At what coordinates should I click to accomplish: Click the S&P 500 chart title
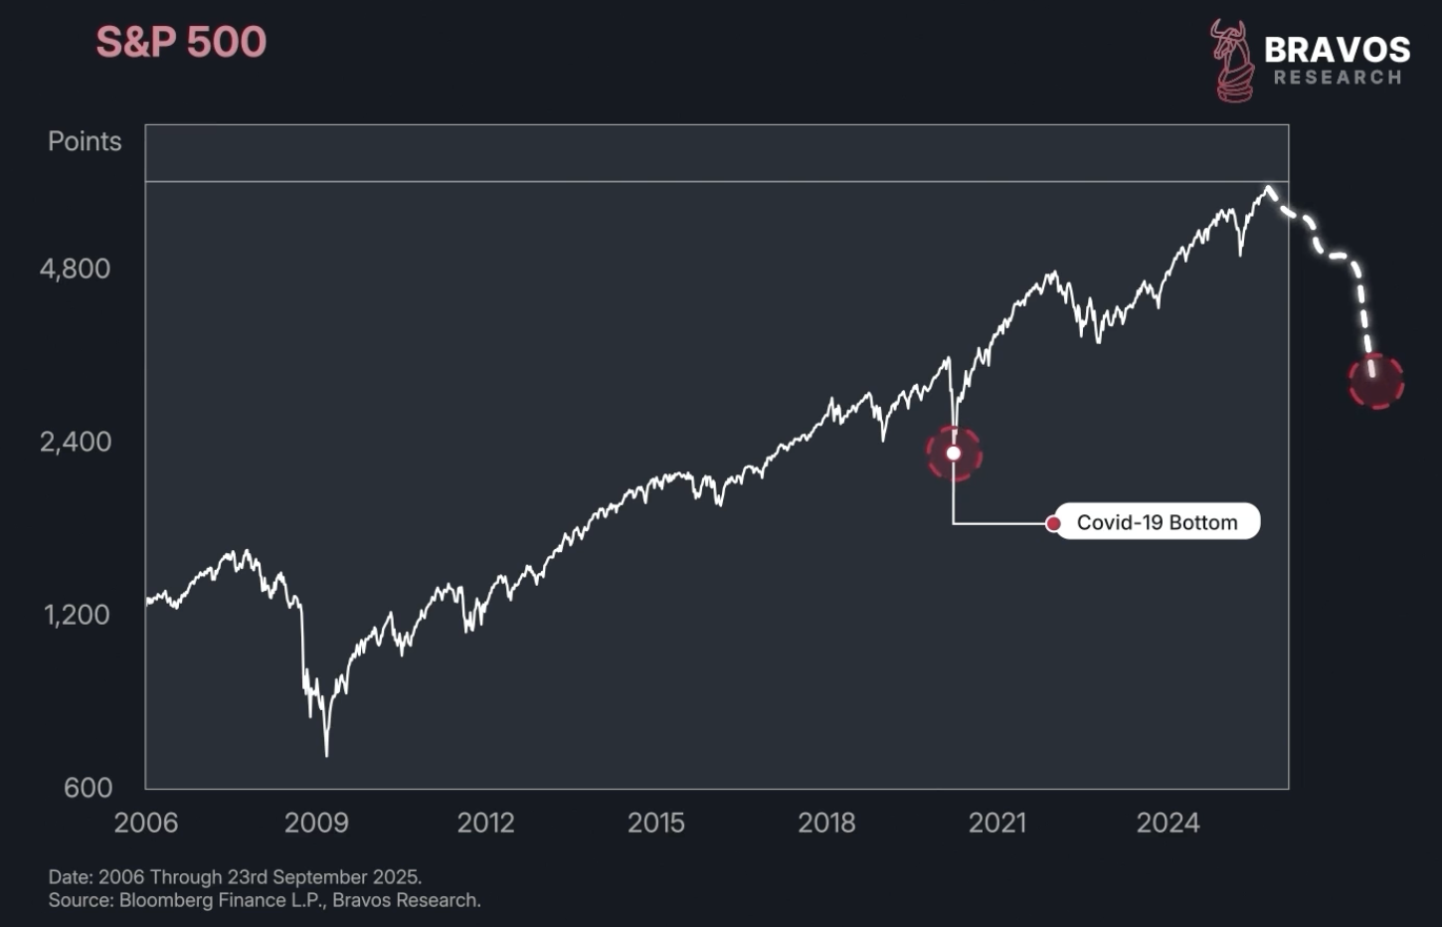(x=181, y=43)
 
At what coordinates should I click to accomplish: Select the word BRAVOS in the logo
(x=1337, y=50)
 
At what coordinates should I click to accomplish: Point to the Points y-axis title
(x=85, y=141)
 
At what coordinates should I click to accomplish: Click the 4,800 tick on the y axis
(x=76, y=269)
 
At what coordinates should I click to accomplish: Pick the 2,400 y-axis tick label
(x=76, y=442)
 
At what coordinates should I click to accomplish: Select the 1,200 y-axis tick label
(x=77, y=615)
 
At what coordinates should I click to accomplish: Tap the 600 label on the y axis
(x=88, y=788)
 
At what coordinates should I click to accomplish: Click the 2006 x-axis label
(x=146, y=823)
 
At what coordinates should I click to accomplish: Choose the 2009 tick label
(x=316, y=823)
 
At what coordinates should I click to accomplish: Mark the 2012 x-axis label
(x=486, y=823)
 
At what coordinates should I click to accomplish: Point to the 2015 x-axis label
(x=656, y=823)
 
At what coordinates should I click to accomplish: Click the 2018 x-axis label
(x=826, y=823)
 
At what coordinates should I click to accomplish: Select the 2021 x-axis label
(x=997, y=823)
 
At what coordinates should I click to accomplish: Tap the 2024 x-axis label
(x=1169, y=823)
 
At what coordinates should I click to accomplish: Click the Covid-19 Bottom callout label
(x=1157, y=522)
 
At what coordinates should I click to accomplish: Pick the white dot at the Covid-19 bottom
(x=954, y=454)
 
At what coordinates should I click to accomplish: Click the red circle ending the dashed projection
(x=1376, y=381)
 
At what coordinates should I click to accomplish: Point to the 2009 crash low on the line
(x=326, y=754)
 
